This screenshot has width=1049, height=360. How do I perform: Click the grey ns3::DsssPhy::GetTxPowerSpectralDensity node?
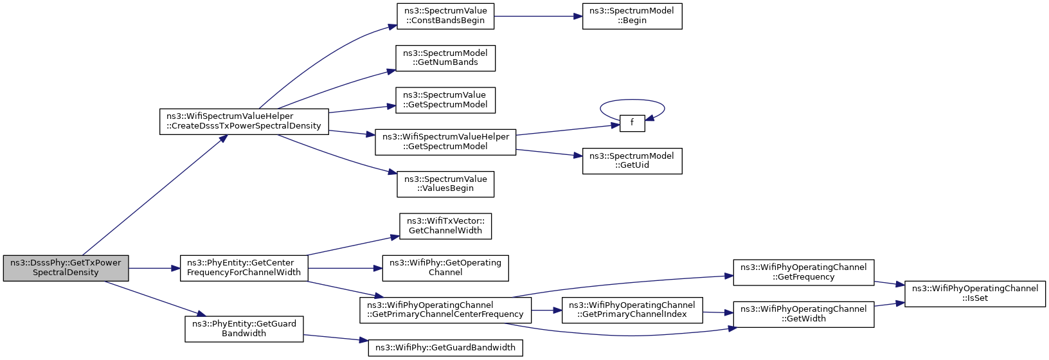point(66,268)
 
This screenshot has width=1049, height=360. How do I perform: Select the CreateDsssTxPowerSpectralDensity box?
point(244,122)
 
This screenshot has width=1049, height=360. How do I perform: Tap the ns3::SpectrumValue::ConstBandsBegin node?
point(445,16)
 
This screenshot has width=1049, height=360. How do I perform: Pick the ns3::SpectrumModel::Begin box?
point(632,16)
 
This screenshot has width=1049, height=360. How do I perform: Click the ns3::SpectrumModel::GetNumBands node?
point(445,58)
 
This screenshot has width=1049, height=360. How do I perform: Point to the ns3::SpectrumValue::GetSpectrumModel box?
point(445,100)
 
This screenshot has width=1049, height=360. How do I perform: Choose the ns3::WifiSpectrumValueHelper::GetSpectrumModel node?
point(445,142)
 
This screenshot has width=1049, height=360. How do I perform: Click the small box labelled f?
point(632,123)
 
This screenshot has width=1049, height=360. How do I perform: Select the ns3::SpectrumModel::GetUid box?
point(632,161)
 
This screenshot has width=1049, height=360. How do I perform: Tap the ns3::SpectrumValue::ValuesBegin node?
point(445,184)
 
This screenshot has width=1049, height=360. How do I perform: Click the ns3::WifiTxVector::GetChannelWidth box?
point(445,226)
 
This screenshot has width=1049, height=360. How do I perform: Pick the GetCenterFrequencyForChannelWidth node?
point(244,268)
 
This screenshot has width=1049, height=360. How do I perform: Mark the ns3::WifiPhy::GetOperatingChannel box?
point(445,268)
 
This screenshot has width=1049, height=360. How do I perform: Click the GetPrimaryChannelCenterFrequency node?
point(445,310)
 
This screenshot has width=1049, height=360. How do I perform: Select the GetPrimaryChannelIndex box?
point(632,310)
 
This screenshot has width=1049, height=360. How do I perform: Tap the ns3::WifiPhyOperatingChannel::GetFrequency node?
point(803,273)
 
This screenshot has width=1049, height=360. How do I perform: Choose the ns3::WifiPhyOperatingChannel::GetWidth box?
point(803,314)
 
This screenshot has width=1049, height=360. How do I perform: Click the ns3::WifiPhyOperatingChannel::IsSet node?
point(975,294)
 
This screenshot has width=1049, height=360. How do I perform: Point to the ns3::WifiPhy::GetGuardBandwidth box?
point(445,348)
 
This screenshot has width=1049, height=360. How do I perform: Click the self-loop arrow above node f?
point(632,100)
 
